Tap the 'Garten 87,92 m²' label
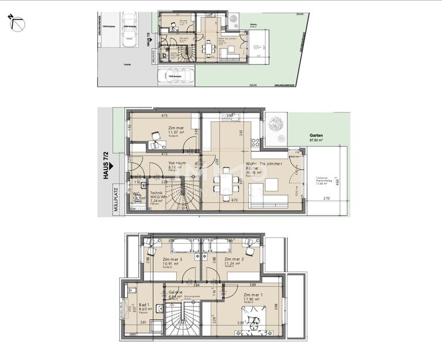coord(316,137)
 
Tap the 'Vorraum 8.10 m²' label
coord(177,166)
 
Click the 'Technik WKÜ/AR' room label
coord(158,197)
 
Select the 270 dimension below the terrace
coord(326,198)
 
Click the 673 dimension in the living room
coord(234,200)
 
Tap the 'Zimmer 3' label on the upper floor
coord(172,260)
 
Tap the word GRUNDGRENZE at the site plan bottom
coord(284,85)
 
